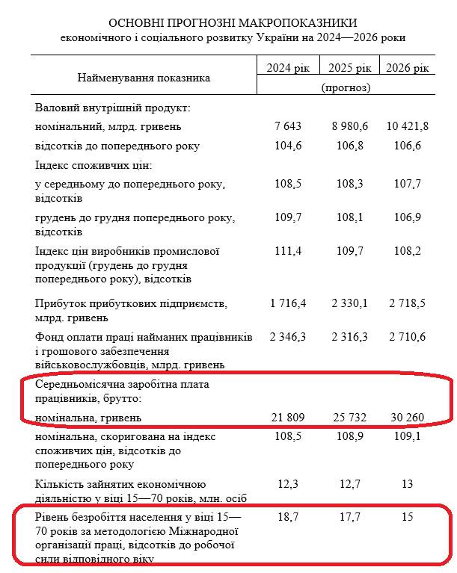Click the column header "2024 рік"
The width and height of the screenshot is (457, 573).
point(287,69)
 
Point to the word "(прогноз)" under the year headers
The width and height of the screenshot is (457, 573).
point(346,89)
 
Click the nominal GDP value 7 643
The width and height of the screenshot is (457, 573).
point(288,126)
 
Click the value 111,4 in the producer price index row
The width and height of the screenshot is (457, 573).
point(288,252)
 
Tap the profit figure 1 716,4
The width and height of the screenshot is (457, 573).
point(288,304)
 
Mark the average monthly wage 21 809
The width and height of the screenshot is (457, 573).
point(288,416)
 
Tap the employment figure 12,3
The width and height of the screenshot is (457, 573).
point(288,484)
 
